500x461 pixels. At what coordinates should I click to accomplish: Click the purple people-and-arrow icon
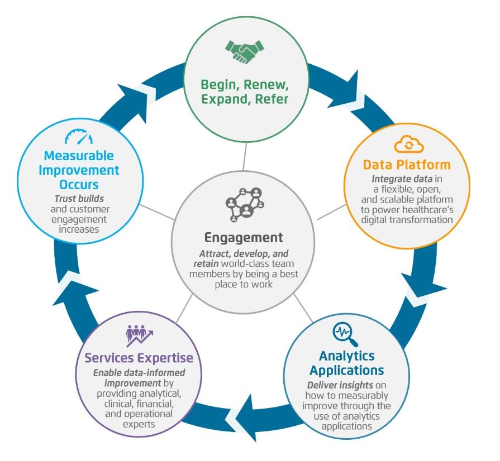(x=139, y=336)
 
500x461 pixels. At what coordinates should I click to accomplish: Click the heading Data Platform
(x=406, y=165)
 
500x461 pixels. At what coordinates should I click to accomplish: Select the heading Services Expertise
(x=139, y=357)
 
